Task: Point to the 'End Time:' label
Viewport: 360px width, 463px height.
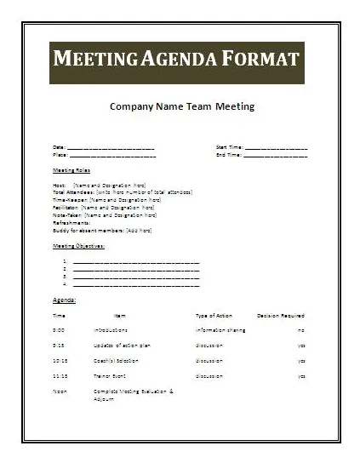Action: [229, 155]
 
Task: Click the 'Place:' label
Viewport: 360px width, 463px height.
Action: [60, 155]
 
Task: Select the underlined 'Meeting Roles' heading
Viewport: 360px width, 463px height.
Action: [71, 170]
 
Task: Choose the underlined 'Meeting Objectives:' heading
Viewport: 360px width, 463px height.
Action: [79, 245]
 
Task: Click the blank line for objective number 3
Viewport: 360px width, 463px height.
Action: [136, 276]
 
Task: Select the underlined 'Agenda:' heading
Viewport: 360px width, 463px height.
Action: [65, 300]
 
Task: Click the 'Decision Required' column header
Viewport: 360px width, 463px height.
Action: [280, 315]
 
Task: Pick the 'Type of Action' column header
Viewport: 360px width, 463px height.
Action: [214, 315]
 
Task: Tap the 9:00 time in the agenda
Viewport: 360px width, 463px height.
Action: [59, 329]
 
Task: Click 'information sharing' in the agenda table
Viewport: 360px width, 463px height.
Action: [221, 329]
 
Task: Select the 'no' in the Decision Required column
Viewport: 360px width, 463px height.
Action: [300, 329]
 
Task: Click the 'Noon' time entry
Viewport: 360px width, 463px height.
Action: [59, 391]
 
